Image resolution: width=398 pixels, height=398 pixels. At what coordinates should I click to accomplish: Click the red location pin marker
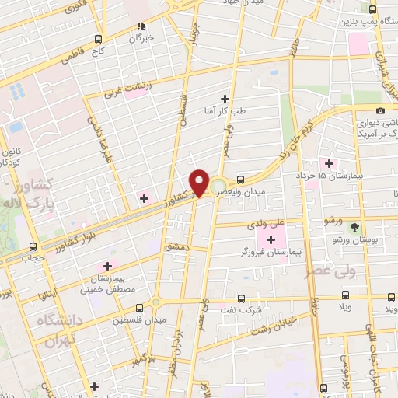pyautogui.click(x=199, y=183)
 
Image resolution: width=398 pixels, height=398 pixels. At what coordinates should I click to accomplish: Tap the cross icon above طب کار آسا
pyautogui.click(x=225, y=98)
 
